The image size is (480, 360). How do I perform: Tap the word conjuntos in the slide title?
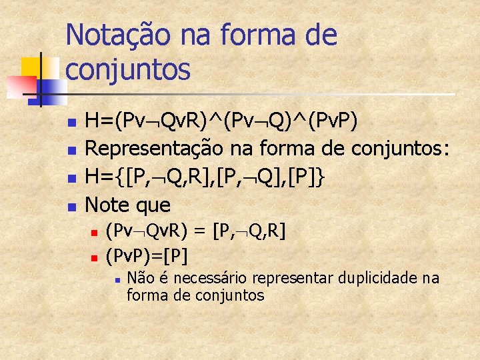[128, 69]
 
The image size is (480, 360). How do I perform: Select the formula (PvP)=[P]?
[147, 255]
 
